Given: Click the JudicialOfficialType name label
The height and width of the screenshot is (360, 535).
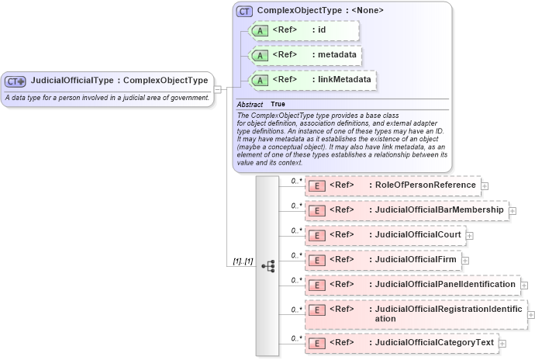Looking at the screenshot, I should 119,80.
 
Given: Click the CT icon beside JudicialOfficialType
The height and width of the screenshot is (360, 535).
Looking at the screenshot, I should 16,81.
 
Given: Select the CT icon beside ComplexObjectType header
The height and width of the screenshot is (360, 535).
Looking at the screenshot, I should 245,12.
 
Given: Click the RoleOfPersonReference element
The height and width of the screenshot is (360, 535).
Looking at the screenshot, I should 393,185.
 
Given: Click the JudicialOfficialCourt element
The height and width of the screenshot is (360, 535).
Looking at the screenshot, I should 385,235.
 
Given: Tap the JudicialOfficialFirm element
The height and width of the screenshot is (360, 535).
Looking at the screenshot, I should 382,260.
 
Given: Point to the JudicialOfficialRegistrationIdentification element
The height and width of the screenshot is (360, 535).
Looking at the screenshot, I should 416,313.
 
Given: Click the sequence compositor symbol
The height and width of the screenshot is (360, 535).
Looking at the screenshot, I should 268,265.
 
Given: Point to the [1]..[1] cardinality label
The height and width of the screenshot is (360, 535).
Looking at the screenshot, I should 243,261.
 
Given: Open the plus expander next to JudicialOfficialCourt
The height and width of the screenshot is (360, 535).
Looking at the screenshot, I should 469,236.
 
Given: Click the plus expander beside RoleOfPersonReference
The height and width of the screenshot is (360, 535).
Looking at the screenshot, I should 485,186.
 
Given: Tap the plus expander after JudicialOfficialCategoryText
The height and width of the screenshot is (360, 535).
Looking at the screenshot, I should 502,343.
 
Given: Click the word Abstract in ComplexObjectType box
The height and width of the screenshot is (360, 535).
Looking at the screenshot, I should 250,104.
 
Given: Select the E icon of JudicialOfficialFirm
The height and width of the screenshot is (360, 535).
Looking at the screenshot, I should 316,261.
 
